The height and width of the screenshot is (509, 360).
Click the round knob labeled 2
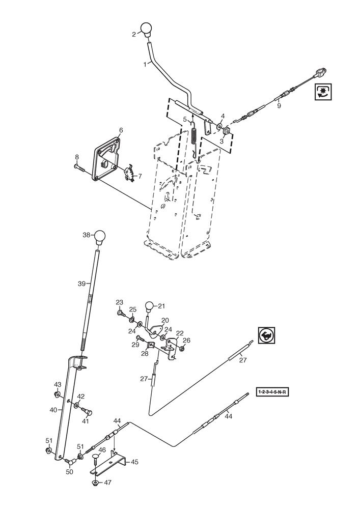pos(147,30)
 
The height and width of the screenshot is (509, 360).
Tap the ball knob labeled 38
pos(99,237)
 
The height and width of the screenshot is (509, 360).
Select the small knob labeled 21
pos(150,306)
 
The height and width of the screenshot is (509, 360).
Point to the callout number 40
pos(53,408)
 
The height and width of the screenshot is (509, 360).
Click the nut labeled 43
pos(57,394)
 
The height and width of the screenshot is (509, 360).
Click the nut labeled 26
pos(182,349)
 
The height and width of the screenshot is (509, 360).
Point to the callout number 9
pos(279,107)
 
